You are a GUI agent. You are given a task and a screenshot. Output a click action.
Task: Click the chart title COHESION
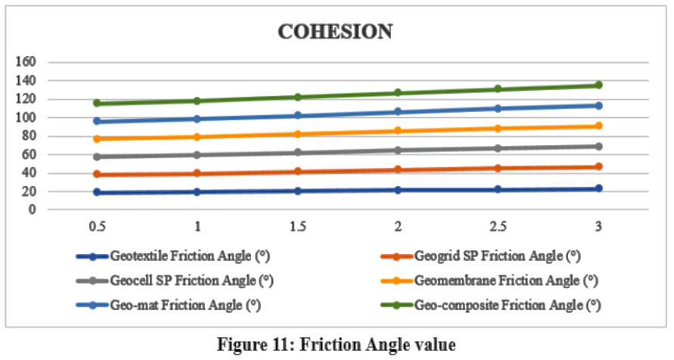click(x=335, y=32)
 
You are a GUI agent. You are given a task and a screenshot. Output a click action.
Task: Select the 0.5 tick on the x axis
click(x=96, y=225)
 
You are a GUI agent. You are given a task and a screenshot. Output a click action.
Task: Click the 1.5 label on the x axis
click(x=297, y=225)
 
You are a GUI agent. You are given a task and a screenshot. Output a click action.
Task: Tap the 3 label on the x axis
click(x=598, y=225)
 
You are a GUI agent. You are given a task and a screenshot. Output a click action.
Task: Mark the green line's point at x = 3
click(x=598, y=85)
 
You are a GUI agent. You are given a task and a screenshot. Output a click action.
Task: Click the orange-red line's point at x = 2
click(x=397, y=169)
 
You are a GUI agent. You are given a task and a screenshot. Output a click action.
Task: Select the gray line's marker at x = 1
click(x=197, y=154)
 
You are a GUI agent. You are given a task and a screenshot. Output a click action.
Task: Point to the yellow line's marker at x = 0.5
click(x=96, y=139)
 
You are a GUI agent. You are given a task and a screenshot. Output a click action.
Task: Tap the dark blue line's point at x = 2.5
click(x=498, y=189)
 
